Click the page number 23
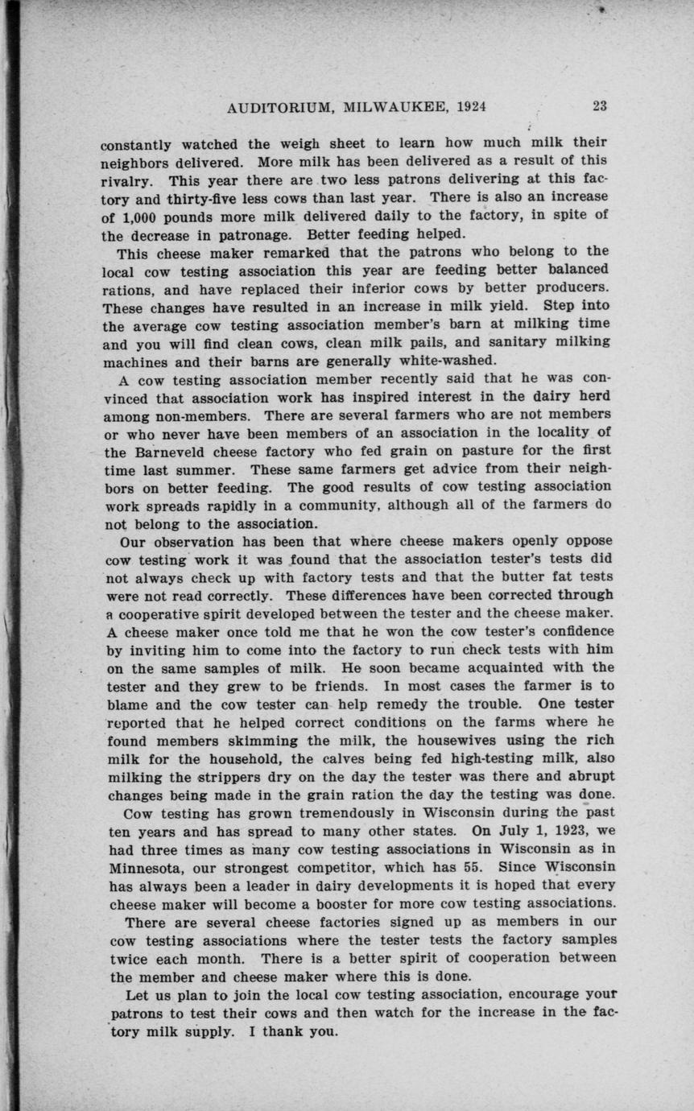click(600, 105)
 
